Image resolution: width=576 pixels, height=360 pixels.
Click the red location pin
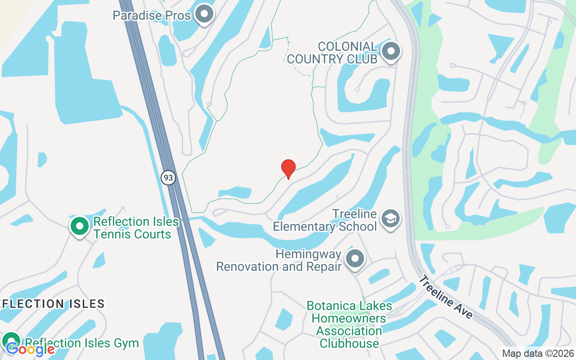(288, 169)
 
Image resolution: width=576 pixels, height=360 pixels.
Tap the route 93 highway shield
(168, 178)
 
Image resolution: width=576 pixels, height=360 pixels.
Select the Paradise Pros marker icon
(205, 14)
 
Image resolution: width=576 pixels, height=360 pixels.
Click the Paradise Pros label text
(151, 15)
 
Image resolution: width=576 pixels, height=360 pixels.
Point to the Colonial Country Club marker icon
(391, 52)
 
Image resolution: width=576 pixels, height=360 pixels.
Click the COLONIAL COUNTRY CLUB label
(332, 53)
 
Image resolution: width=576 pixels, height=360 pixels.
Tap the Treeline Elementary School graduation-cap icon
(390, 219)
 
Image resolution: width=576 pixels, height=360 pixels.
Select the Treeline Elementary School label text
(325, 220)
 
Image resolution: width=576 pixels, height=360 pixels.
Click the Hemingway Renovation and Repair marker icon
(355, 259)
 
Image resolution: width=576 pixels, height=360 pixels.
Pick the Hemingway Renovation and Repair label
(279, 260)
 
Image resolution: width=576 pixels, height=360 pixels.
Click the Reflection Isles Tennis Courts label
(132, 228)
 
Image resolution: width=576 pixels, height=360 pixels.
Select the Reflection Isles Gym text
(82, 343)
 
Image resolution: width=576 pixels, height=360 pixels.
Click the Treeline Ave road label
(445, 297)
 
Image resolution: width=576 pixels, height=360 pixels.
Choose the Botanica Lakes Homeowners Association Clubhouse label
(349, 324)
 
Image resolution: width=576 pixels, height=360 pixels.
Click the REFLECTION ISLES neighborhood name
(51, 304)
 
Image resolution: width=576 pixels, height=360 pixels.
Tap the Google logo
(30, 349)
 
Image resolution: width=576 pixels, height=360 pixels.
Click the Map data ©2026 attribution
(538, 354)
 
